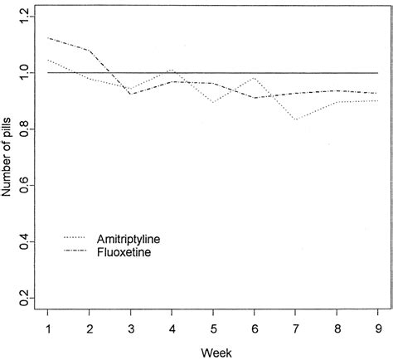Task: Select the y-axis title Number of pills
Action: [x=7, y=157]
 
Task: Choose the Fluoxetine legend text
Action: [x=123, y=251]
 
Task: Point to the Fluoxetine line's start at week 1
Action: [x=48, y=38]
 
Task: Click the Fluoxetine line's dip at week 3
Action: [x=130, y=94]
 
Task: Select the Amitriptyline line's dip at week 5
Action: [x=213, y=102]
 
